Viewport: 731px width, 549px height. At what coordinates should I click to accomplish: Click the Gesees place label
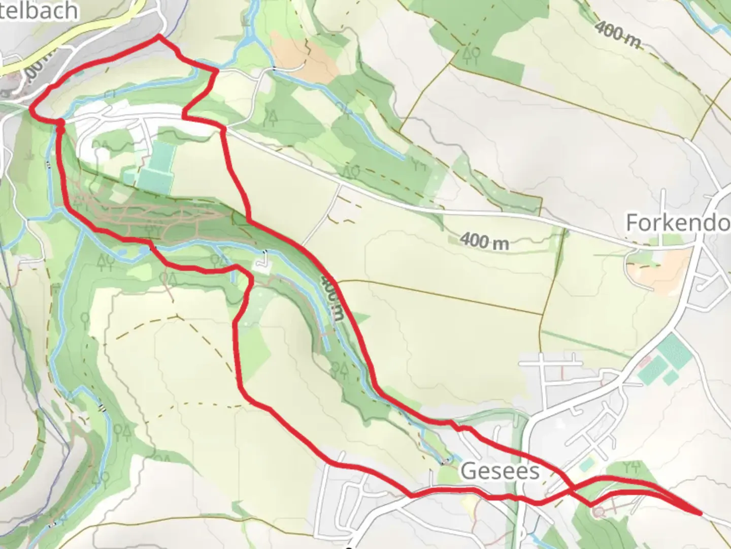point(500,471)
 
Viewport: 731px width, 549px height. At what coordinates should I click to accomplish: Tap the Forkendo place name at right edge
point(678,223)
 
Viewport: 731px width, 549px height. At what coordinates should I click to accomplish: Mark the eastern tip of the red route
point(701,513)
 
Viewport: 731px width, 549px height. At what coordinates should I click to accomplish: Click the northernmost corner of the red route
point(159,36)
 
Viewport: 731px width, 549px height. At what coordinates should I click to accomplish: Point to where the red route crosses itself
point(571,489)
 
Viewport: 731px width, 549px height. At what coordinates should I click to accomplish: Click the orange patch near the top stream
point(305,56)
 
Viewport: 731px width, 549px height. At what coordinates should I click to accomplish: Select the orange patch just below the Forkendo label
point(660,269)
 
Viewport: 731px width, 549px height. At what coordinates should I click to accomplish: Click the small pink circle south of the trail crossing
point(600,512)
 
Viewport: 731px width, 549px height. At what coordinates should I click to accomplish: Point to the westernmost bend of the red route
point(32,108)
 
